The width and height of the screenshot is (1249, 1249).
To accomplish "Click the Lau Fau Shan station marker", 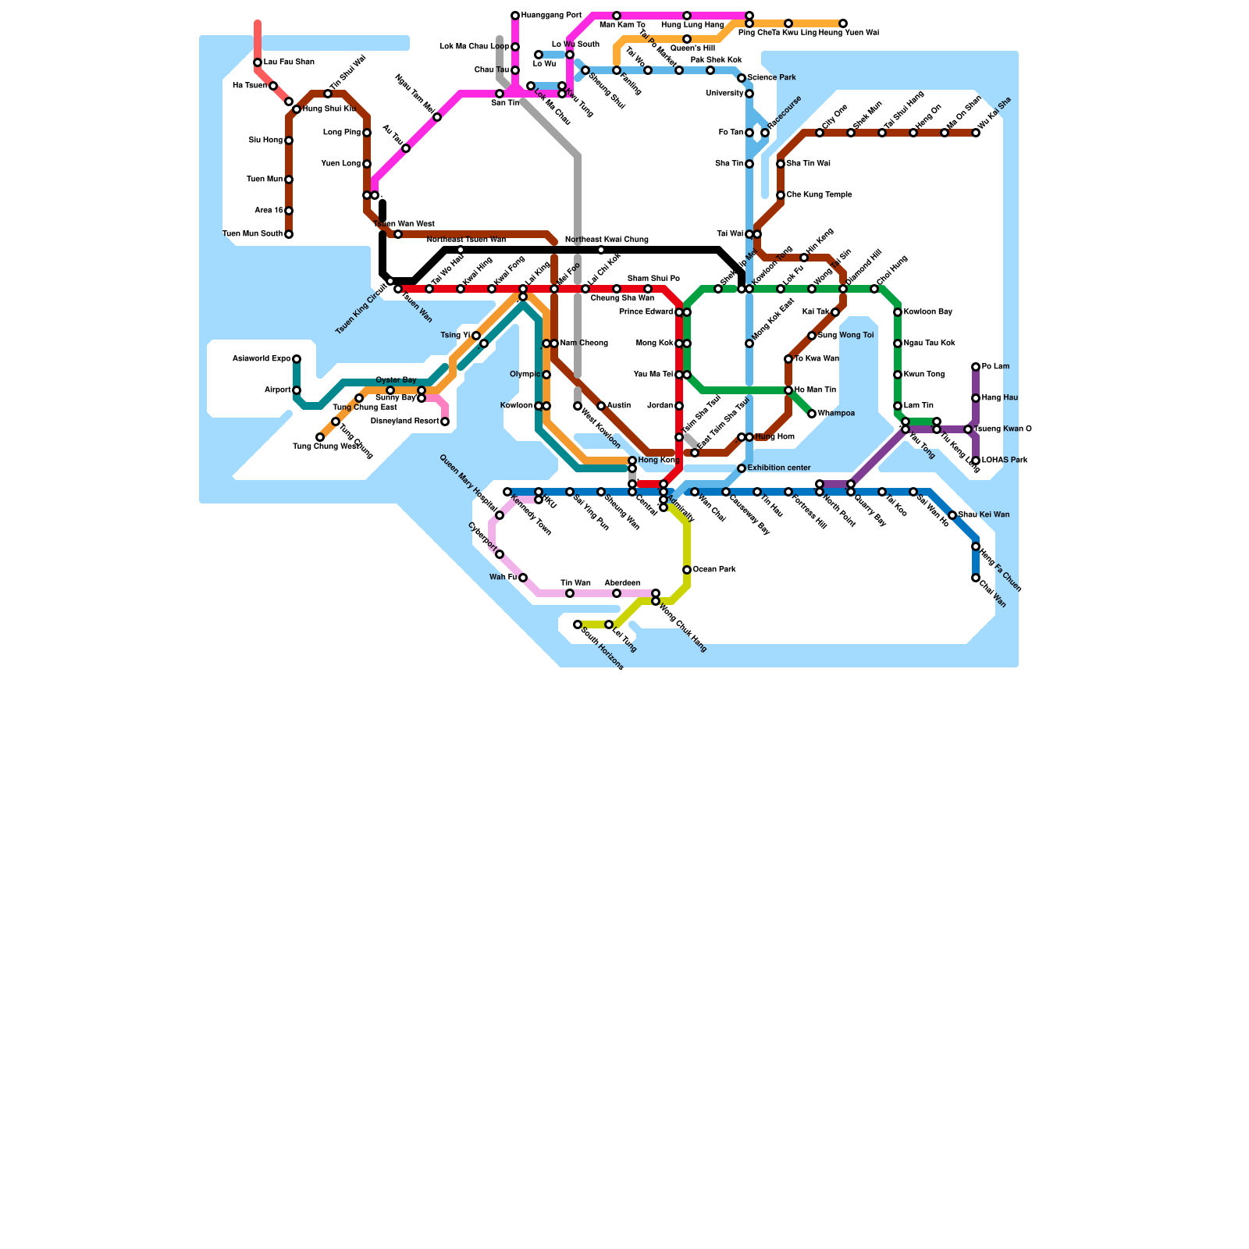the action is click(258, 62).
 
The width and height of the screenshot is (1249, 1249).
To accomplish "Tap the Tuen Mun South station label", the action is click(253, 234).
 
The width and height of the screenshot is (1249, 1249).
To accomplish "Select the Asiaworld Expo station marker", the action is click(297, 359).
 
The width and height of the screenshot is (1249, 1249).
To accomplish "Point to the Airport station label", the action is click(277, 390).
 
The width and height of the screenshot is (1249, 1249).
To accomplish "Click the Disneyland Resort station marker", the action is click(445, 422).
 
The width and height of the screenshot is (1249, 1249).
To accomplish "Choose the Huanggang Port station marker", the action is click(515, 16).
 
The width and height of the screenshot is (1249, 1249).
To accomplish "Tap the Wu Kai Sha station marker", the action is click(976, 133).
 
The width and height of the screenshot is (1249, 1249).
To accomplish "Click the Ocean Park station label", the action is click(714, 570).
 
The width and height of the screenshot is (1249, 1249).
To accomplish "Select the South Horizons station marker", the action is click(578, 624).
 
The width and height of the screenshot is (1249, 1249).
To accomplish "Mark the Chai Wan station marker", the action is click(976, 578).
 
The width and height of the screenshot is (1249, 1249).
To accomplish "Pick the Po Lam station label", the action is click(995, 367).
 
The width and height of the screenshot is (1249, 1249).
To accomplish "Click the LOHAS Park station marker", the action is click(976, 461).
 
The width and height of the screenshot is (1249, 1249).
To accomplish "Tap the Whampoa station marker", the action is click(812, 414).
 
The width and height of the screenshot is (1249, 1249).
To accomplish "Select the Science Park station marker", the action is click(742, 78).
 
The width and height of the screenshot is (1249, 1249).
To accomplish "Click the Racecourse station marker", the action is click(765, 133).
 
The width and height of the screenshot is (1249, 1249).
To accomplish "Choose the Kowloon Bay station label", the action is click(927, 312).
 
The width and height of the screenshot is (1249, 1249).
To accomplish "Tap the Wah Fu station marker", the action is click(523, 578).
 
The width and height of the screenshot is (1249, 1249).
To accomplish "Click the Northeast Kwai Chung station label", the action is click(607, 240).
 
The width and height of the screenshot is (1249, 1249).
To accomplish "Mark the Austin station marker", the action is click(601, 406).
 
